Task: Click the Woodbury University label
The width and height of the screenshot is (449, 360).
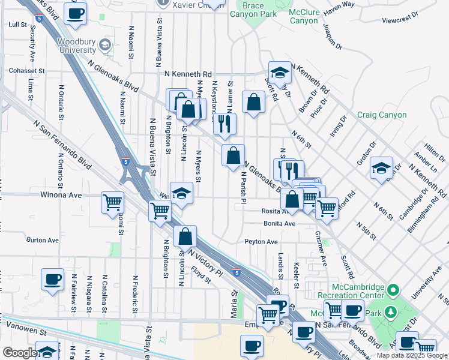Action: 76,46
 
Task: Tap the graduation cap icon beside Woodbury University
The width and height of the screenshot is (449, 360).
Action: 105,44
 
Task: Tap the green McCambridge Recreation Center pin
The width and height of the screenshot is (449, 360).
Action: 394,291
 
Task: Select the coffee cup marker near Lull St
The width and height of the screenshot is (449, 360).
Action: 76,14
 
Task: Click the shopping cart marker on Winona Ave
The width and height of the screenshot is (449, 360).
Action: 112,203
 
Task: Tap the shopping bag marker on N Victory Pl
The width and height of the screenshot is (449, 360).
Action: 185,236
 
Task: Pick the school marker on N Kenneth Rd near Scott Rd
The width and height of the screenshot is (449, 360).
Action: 280,73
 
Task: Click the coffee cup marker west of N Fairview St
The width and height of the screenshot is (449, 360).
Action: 53,279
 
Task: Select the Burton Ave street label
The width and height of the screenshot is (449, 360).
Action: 43,240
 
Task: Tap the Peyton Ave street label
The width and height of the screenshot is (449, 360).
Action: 261,242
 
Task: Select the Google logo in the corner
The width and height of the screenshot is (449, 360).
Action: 19,353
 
